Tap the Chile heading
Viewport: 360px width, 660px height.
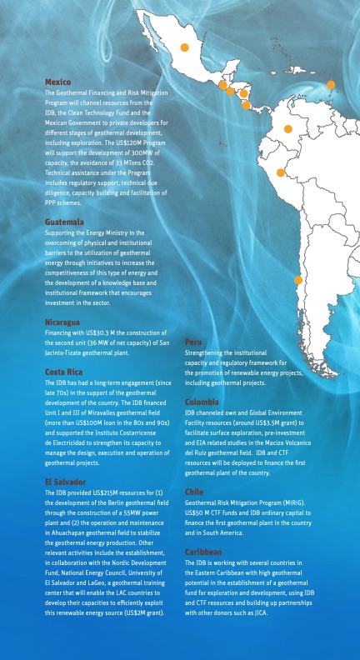click(193, 492)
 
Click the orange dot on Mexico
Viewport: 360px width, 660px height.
click(184, 47)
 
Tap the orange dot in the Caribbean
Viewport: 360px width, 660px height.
click(331, 84)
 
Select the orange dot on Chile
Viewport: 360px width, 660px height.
click(297, 280)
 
